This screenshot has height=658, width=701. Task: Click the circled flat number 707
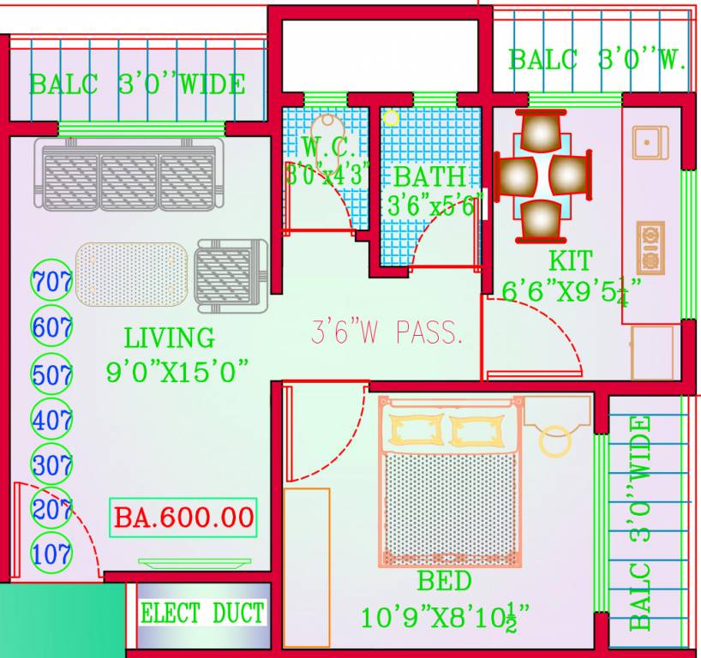click(51, 279)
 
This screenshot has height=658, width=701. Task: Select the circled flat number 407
click(51, 420)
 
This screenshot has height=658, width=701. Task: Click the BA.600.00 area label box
click(183, 517)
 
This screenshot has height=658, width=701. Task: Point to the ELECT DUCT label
click(202, 613)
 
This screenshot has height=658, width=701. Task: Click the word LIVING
click(169, 337)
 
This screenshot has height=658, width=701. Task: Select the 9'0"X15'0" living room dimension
click(177, 372)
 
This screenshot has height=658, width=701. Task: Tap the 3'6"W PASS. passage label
click(386, 333)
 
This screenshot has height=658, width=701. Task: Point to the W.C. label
click(327, 147)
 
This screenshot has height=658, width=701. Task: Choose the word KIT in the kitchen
click(570, 260)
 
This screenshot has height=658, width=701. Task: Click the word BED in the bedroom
click(444, 582)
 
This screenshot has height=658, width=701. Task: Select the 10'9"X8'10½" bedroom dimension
click(444, 616)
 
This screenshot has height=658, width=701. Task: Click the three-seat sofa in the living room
click(129, 176)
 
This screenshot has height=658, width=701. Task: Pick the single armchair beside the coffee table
click(231, 272)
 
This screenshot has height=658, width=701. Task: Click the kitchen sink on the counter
click(650, 142)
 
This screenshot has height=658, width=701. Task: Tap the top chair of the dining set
click(541, 133)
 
